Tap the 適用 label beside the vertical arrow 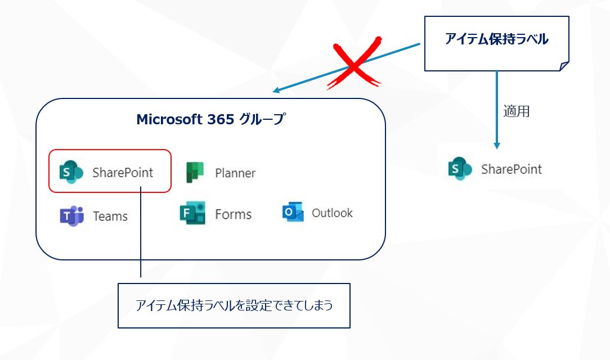516,111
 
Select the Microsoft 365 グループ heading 210,119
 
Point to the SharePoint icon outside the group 460,169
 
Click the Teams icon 71,216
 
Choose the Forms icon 192,213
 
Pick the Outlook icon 293,213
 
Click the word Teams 110,216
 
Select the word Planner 235,173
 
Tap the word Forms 233,214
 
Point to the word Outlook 332,213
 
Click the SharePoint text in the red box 123,173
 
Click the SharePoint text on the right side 512,169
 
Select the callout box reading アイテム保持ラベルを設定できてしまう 234,305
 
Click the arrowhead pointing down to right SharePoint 496,145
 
